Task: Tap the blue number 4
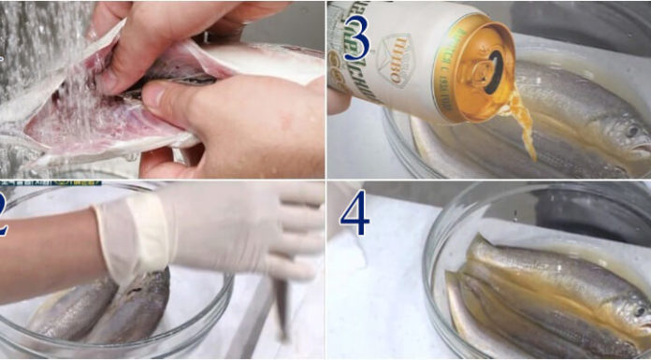[354, 213]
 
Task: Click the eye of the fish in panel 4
[640, 310]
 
